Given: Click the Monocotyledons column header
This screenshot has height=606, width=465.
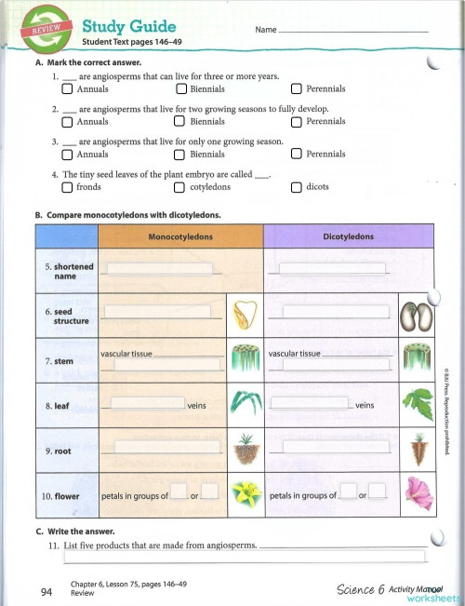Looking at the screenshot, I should coord(180,237).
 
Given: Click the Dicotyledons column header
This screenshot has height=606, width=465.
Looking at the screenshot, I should coord(348,237).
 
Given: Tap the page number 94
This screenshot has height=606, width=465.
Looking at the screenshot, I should coord(46,591).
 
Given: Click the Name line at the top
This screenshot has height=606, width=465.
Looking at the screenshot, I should coord(353,31).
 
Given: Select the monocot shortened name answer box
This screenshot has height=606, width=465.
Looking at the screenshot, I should coord(161,270).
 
